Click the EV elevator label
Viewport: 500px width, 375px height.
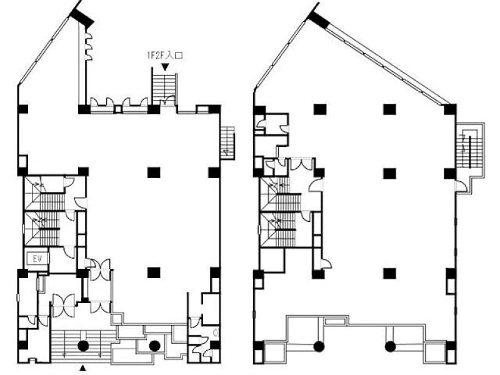[x=37, y=259]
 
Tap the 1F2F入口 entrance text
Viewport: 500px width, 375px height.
[x=164, y=56]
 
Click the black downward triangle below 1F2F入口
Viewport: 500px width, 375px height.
[x=165, y=67]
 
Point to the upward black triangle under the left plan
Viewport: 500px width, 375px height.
[x=83, y=369]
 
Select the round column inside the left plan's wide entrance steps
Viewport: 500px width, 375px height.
[x=83, y=346]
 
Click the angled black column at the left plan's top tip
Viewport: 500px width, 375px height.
[x=82, y=17]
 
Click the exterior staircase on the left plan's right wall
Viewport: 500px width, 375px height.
[x=227, y=142]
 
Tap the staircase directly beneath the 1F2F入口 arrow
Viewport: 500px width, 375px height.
[x=164, y=86]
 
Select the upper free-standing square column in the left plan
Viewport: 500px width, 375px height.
[x=154, y=172]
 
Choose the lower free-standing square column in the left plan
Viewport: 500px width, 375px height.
[x=154, y=272]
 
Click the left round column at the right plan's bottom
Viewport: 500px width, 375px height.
[x=319, y=347]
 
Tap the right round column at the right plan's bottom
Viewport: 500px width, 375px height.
[x=390, y=347]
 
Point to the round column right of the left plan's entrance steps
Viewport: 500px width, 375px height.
[x=154, y=346]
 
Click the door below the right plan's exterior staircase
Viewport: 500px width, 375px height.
[x=461, y=186]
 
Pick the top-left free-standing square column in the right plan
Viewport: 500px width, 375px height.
[x=320, y=109]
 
